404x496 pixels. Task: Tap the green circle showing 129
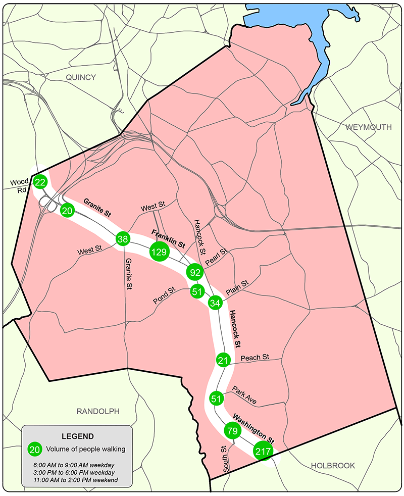point(159,251)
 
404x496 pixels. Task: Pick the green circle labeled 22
point(40,182)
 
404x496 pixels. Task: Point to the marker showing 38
point(123,238)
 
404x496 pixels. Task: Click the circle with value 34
point(215,303)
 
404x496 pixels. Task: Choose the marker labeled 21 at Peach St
point(223,360)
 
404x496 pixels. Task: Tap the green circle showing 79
point(232,430)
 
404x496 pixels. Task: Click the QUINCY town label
point(80,77)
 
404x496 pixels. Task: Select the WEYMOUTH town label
point(369,127)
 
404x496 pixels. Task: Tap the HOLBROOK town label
point(333,465)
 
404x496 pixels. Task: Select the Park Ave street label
point(245,395)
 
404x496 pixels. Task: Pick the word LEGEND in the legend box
point(77,436)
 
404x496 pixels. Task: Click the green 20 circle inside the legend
point(35,449)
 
